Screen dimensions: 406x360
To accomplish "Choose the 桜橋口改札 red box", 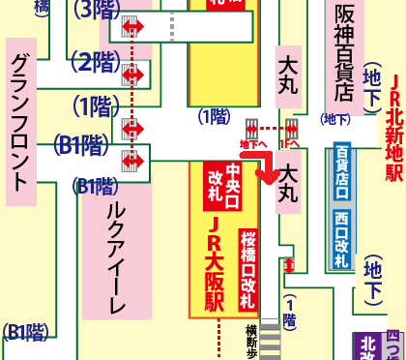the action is pyautogui.click(x=249, y=262).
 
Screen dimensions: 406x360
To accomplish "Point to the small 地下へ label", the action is pyautogui.click(x=249, y=143).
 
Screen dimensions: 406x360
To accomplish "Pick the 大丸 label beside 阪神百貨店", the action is pyautogui.click(x=287, y=77).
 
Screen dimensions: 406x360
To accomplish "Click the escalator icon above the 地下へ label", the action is pyautogui.click(x=250, y=128).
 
